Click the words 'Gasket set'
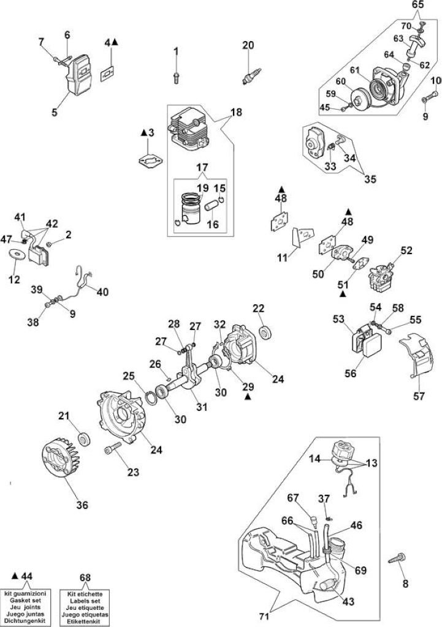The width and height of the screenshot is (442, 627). point(25,601)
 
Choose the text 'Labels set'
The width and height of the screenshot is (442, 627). point(85,601)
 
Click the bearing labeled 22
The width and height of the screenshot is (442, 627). point(265,332)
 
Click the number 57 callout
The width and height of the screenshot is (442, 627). point(419,396)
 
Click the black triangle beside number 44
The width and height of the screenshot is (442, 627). point(15,576)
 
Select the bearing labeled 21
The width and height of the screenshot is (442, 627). point(84,439)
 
